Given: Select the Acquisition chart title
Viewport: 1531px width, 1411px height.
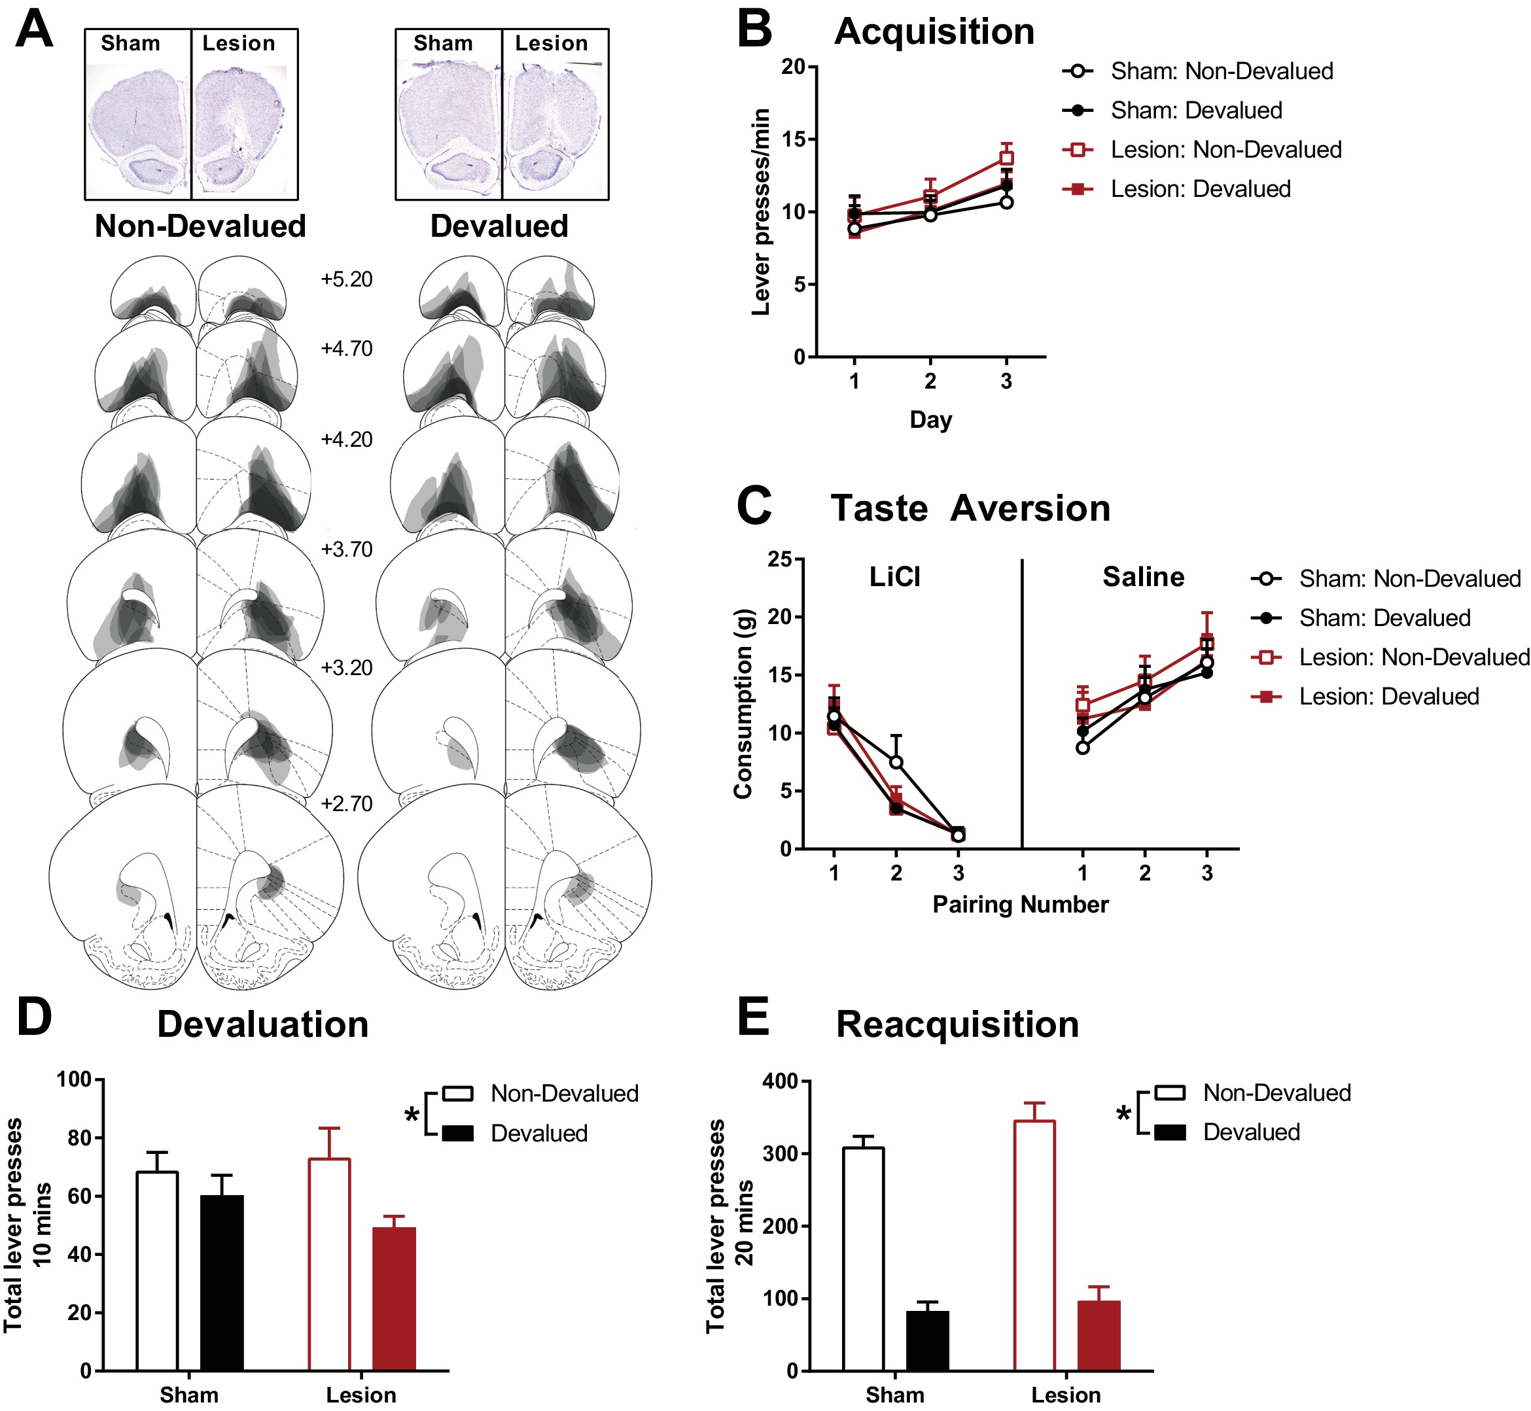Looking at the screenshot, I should (x=934, y=32).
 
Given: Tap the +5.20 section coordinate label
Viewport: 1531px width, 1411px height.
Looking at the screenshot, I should (x=347, y=279).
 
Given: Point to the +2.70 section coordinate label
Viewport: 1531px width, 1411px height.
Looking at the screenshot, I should (x=347, y=804).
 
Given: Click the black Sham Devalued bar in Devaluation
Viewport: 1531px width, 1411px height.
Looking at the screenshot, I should (x=222, y=1283).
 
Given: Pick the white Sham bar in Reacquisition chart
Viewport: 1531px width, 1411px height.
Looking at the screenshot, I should (x=864, y=1259).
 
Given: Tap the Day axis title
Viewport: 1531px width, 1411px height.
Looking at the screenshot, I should (x=931, y=419).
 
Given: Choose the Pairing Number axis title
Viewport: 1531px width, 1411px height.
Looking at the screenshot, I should (x=1020, y=905).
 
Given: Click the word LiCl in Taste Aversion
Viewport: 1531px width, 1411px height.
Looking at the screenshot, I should (x=895, y=577).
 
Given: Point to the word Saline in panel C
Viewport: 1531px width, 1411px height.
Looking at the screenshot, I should (x=1143, y=577).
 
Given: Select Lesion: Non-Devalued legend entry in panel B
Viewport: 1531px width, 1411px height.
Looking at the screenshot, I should (x=1225, y=150).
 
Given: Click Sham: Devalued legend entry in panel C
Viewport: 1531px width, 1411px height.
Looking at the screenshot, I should (x=1384, y=618).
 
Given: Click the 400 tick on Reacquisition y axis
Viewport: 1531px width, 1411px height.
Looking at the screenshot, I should (x=780, y=1082).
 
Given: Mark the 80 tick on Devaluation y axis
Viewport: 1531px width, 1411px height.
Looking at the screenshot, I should (x=79, y=1138).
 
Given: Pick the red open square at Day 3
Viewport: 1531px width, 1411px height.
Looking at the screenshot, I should (x=1006, y=158).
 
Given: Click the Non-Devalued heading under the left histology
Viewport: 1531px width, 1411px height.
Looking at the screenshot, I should (x=200, y=227).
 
